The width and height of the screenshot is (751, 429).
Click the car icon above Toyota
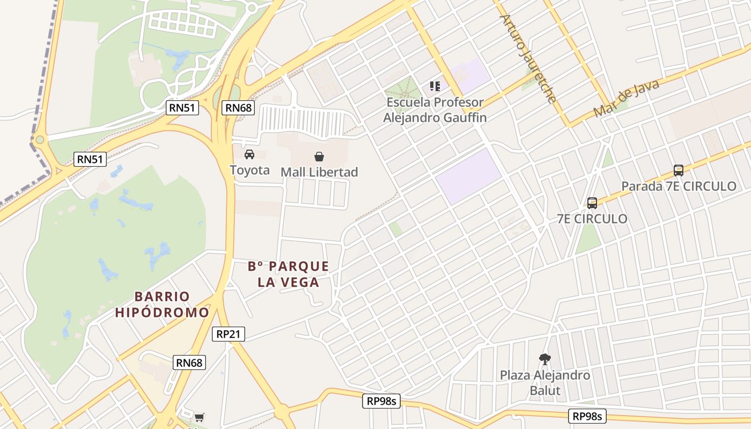249,154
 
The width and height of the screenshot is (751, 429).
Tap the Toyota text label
249,171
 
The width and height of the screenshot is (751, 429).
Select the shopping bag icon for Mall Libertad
319,156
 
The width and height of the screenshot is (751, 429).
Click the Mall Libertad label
319,172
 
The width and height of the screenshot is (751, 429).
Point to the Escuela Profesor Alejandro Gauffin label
435,110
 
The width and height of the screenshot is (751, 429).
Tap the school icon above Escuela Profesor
435,86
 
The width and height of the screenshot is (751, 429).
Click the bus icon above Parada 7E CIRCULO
679,171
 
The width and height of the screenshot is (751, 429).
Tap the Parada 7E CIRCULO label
679,187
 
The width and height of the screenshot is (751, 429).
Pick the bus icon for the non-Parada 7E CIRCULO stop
592,203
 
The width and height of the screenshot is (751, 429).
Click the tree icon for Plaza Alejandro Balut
545,359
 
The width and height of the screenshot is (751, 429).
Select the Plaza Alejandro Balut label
545,382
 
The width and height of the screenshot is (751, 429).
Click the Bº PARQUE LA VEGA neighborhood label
289,274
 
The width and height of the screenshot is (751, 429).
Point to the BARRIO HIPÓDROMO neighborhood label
162,304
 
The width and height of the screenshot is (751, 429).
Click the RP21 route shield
228,334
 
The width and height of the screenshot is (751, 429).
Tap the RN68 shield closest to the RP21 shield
189,363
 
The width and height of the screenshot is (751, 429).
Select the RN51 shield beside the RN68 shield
182,108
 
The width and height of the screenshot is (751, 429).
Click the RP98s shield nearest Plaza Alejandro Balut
587,416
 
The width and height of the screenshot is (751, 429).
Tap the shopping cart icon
199,417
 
